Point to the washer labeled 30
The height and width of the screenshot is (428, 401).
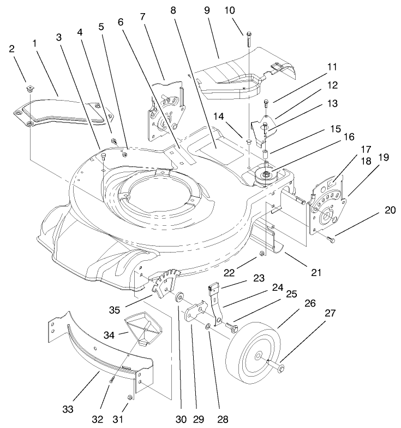(178, 299)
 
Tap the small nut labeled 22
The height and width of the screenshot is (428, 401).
(262, 254)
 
